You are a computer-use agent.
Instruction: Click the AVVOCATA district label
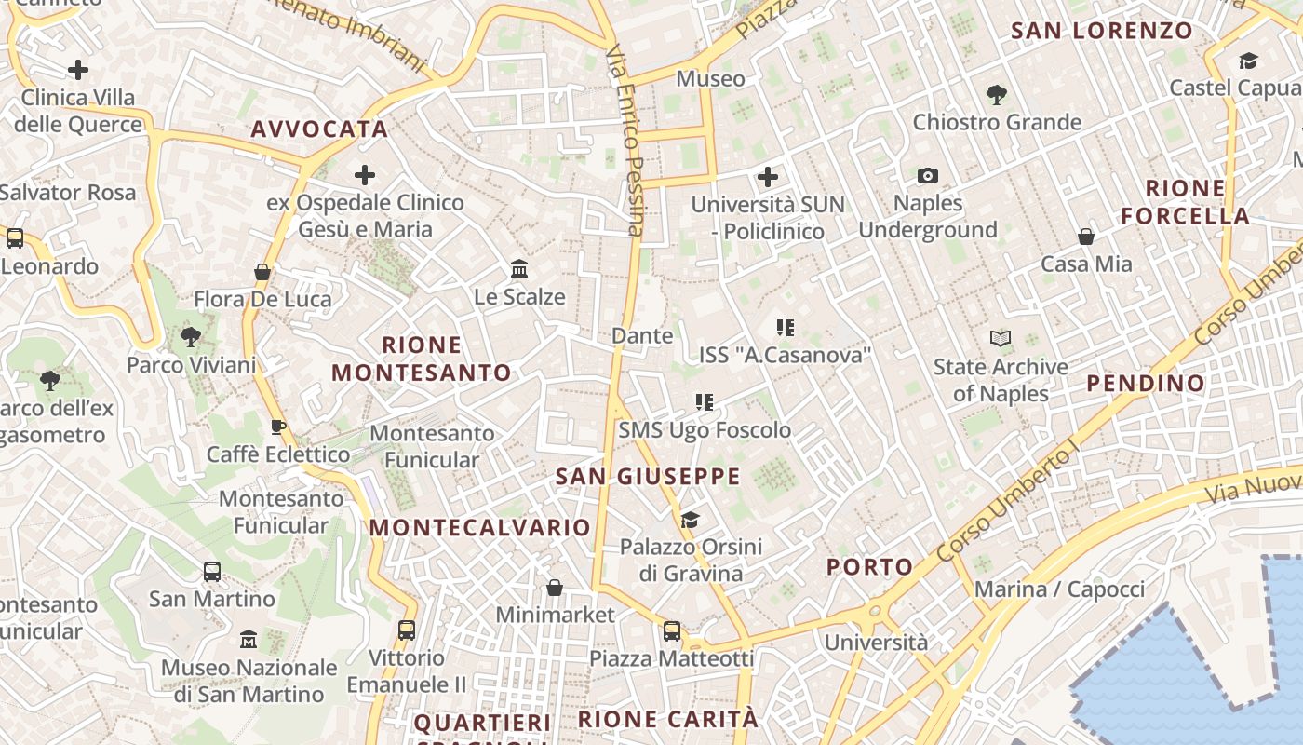point(318,129)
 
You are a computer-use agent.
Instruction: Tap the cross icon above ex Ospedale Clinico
point(365,175)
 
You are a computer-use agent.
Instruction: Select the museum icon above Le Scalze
point(519,269)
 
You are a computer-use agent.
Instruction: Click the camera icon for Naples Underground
point(927,175)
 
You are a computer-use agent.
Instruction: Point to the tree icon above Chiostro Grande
point(996,94)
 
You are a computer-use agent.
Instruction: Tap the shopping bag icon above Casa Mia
point(1085,237)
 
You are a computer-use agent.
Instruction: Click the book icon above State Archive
point(1001,339)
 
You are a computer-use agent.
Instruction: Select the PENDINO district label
point(1145,383)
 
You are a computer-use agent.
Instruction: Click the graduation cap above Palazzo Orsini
point(690,519)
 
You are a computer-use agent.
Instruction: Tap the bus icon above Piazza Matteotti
point(672,631)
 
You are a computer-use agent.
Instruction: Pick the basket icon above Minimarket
point(555,587)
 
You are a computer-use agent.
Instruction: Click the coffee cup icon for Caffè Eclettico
point(277,427)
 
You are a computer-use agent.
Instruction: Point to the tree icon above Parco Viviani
point(191,336)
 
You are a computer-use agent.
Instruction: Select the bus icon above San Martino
point(212,571)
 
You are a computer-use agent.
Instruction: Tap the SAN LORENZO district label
point(1101,31)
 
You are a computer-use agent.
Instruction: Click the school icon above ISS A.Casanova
point(785,327)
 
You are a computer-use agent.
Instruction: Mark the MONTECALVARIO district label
point(479,527)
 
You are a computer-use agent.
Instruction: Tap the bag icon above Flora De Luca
point(262,272)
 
